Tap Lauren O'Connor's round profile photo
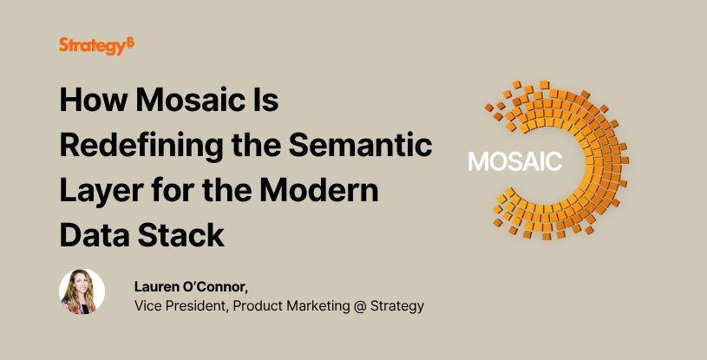pyautogui.click(x=82, y=291)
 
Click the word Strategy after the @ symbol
pyautogui.click(x=398, y=306)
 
